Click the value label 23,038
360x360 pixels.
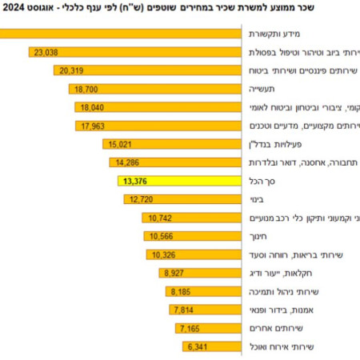(45, 52)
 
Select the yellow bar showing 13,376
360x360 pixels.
(181, 181)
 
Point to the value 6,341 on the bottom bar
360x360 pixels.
(195, 346)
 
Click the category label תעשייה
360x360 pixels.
(273, 89)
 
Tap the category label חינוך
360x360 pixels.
(268, 236)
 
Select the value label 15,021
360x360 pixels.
(117, 144)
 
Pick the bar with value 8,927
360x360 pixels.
(201, 273)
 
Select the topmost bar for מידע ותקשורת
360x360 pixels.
(120, 34)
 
